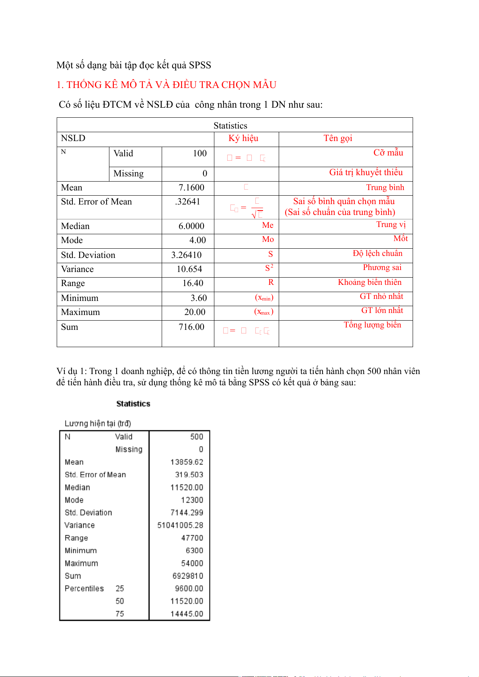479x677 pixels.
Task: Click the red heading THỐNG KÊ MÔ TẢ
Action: pos(166,85)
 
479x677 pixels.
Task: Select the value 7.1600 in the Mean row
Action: pos(191,188)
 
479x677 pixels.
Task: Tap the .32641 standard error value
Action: pos(188,202)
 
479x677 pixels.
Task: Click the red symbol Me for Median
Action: pos(267,225)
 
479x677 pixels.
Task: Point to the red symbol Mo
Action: pos(268,239)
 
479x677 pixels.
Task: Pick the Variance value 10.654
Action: pos(189,269)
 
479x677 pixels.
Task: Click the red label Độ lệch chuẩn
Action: pos(377,254)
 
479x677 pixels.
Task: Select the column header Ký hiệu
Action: pos(243,139)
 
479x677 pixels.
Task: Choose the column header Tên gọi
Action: pos(338,139)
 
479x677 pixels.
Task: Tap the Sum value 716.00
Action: pos(191,327)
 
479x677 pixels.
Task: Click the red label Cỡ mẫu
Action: pos(388,153)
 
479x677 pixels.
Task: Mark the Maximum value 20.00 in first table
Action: pos(195,312)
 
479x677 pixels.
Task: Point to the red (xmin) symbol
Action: pos(264,298)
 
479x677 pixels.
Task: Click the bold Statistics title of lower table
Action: pos(133,404)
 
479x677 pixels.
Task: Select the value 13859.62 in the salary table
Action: pos(187,462)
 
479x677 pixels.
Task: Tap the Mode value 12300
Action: pos(192,500)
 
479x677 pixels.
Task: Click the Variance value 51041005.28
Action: pos(180,525)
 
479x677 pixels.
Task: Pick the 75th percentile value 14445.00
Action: pos(187,614)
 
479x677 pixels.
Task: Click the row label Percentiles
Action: pos(84,589)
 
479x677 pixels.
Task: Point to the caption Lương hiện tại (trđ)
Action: pos(98,423)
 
